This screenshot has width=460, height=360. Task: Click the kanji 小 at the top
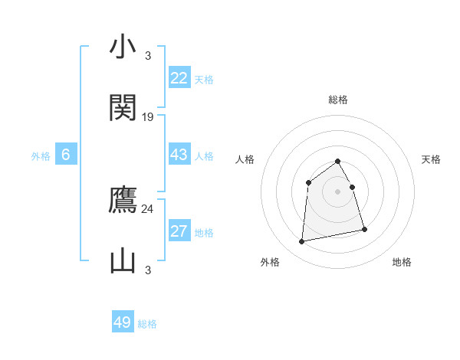123,47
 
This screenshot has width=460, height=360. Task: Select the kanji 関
123,108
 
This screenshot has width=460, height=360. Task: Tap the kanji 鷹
123,201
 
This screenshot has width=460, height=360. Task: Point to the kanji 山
123,261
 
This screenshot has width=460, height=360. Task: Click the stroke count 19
148,116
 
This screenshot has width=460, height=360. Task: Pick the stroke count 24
148,208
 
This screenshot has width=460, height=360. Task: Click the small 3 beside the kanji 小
148,55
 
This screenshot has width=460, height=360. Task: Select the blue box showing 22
179,77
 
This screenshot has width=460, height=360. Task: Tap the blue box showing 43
179,155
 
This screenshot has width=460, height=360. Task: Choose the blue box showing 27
179,231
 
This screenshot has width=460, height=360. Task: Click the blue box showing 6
66,155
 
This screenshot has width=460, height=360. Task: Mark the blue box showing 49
123,322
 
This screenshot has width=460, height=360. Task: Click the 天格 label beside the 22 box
203,79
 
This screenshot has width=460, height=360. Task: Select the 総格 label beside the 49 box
147,324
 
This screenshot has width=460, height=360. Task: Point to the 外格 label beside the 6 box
41,156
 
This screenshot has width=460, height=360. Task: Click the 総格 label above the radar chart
338,100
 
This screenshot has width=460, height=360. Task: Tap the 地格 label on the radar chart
402,262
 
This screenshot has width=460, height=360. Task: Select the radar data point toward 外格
302,242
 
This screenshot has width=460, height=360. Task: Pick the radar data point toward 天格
352,187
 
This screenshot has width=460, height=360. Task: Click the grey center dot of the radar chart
337,191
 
